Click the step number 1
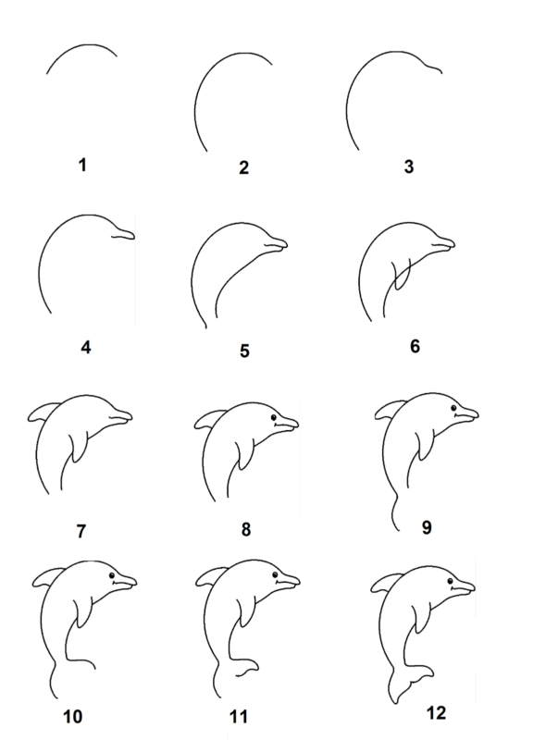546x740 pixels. [82, 166]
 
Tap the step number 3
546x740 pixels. [409, 166]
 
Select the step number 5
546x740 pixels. [244, 351]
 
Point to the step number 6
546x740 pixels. [415, 346]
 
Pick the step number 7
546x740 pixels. [81, 531]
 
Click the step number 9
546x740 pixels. [427, 527]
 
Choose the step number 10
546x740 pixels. [73, 717]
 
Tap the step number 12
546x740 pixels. [436, 712]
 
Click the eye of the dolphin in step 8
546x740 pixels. [274, 418]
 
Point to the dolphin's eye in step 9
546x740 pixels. [453, 408]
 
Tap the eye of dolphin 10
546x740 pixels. [112, 575]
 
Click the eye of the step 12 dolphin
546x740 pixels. [451, 581]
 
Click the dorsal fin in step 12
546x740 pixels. [385, 583]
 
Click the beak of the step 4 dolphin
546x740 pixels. [124, 235]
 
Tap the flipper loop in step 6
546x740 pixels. [402, 275]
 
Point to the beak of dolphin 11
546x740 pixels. [288, 582]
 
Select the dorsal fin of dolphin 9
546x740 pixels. [390, 410]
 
